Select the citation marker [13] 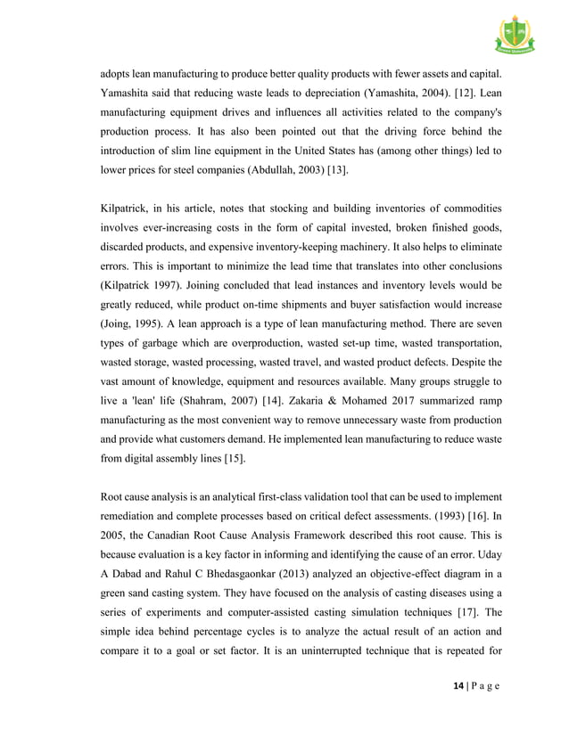coord(336,169)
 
